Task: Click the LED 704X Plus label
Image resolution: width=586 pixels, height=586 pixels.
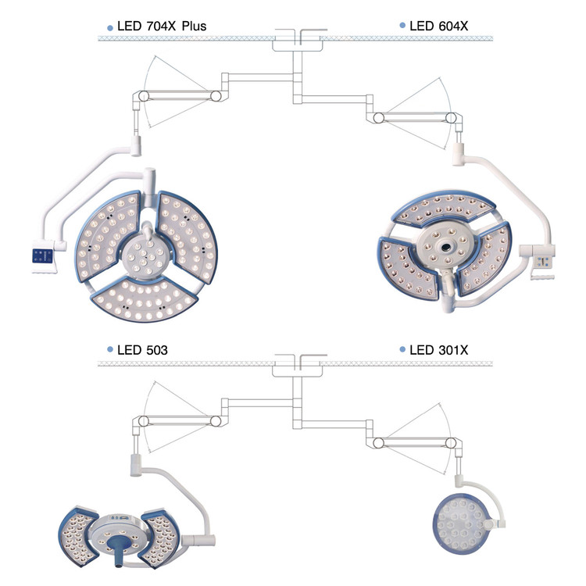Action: [x=162, y=26]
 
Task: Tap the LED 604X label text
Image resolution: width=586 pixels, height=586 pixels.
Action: [x=439, y=26]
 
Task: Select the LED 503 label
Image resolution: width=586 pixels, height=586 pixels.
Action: [x=142, y=350]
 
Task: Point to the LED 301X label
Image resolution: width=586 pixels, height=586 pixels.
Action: [x=439, y=350]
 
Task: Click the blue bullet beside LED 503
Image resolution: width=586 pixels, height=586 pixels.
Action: [x=110, y=349]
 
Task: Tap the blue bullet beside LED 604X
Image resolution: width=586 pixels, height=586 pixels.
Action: [x=402, y=26]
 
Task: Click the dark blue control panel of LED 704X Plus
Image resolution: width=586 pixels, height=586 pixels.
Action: [x=42, y=256]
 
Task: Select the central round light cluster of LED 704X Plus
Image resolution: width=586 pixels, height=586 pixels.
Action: [x=145, y=256]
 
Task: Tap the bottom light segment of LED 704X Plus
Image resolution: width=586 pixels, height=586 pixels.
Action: [x=145, y=300]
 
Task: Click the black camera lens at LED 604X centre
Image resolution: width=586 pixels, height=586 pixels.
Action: [x=446, y=247]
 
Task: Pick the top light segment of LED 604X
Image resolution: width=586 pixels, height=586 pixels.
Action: [x=445, y=209]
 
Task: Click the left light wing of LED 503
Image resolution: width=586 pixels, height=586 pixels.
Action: [x=77, y=535]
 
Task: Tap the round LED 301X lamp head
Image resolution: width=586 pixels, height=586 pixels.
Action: [x=461, y=523]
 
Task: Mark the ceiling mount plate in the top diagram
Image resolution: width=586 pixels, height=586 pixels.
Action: [x=297, y=44]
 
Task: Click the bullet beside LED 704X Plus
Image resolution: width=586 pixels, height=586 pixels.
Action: [x=110, y=28]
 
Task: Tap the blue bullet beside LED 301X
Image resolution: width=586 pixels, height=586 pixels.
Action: [x=402, y=349]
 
